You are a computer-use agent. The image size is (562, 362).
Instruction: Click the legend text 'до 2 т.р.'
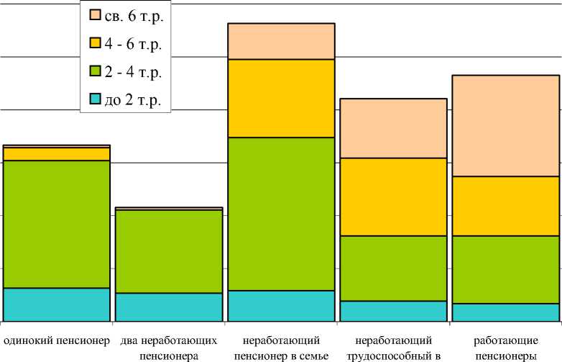click(x=133, y=101)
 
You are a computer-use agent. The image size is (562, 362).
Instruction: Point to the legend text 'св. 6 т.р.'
click(x=134, y=16)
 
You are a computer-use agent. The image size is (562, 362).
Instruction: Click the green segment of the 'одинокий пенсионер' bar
click(x=57, y=224)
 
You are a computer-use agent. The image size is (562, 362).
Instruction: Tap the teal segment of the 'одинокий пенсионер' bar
click(x=57, y=304)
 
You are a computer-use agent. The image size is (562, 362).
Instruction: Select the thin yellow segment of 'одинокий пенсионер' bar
click(x=57, y=154)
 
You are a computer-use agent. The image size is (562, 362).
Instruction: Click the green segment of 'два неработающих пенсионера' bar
click(x=169, y=251)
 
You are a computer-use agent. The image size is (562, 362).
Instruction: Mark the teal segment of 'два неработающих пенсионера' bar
click(x=169, y=307)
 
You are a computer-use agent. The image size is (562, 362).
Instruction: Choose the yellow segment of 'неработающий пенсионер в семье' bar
click(x=282, y=98)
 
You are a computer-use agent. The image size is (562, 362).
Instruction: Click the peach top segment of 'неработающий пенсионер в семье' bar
click(x=282, y=41)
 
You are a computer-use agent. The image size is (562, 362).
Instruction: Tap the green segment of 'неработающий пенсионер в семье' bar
click(x=282, y=214)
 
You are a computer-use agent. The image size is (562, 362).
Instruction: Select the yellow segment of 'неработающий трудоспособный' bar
click(x=394, y=196)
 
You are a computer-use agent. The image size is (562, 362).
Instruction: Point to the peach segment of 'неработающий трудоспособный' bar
click(x=394, y=128)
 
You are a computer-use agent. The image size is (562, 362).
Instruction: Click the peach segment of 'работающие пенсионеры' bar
click(x=506, y=125)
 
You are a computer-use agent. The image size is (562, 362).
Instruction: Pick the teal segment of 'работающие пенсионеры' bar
click(x=506, y=312)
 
